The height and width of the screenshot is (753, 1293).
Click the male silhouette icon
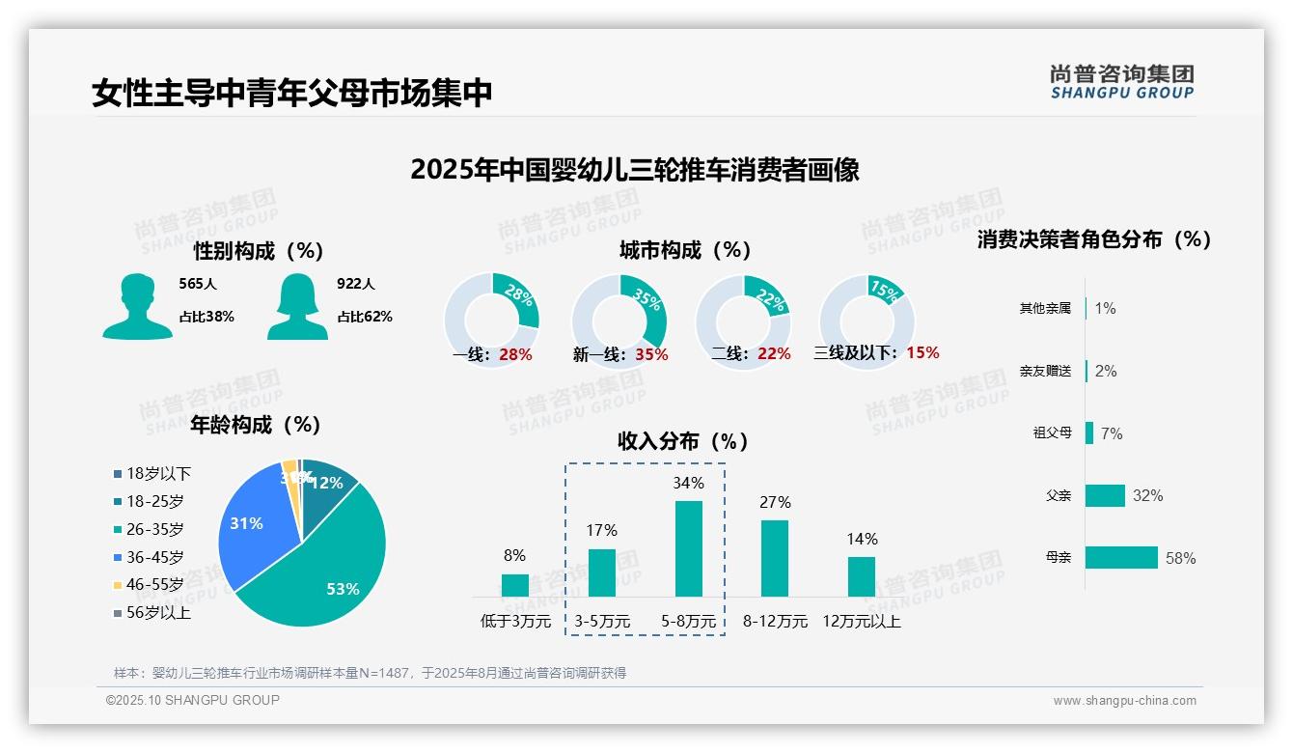(137, 306)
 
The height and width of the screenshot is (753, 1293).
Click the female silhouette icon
(297, 306)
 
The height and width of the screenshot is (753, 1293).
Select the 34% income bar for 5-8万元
(689, 547)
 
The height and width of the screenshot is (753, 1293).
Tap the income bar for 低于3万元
(515, 585)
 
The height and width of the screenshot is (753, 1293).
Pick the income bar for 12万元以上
(862, 576)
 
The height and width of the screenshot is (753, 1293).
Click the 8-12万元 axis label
(775, 622)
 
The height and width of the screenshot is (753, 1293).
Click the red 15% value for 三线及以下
(922, 353)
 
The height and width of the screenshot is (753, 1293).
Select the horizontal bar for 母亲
(1121, 558)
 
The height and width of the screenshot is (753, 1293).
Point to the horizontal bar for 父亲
(1105, 495)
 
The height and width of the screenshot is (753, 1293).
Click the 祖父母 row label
(1052, 433)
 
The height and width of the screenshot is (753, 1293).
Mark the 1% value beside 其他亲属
(1105, 308)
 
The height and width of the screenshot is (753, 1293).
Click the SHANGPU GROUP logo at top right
(1122, 82)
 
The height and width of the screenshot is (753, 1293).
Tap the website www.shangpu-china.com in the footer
(1124, 701)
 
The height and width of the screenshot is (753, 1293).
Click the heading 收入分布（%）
(683, 441)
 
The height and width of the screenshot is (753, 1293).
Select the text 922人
(356, 284)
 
